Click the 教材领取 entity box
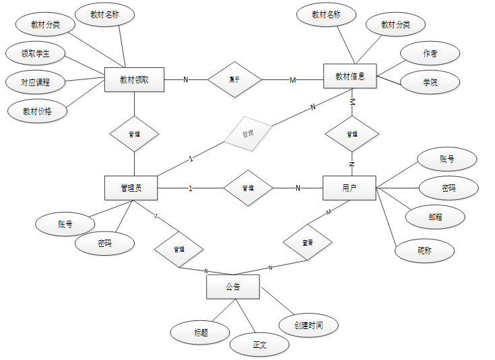pyautogui.click(x=135, y=79)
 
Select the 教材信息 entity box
pyautogui.click(x=350, y=76)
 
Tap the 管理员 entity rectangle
pyautogui.click(x=131, y=188)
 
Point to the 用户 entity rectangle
pyautogui.click(x=350, y=188)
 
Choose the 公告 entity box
pyautogui.click(x=233, y=287)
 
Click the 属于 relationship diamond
pyautogui.click(x=234, y=80)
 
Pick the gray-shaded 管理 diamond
pyautogui.click(x=248, y=133)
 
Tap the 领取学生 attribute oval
pyautogui.click(x=35, y=53)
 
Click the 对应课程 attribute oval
pyautogui.click(x=35, y=83)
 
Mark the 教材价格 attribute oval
pyautogui.click(x=38, y=112)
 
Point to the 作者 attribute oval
pyautogui.click(x=430, y=53)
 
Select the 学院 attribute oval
pyautogui.click(x=430, y=83)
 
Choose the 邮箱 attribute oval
pyautogui.click(x=436, y=217)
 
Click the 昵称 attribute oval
pyautogui.click(x=424, y=250)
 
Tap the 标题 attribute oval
pyautogui.click(x=201, y=332)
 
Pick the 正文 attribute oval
pyautogui.click(x=260, y=345)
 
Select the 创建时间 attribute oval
pyautogui.click(x=308, y=325)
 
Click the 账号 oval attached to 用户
pyautogui.click(x=447, y=159)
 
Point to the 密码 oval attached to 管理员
pyautogui.click(x=104, y=244)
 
